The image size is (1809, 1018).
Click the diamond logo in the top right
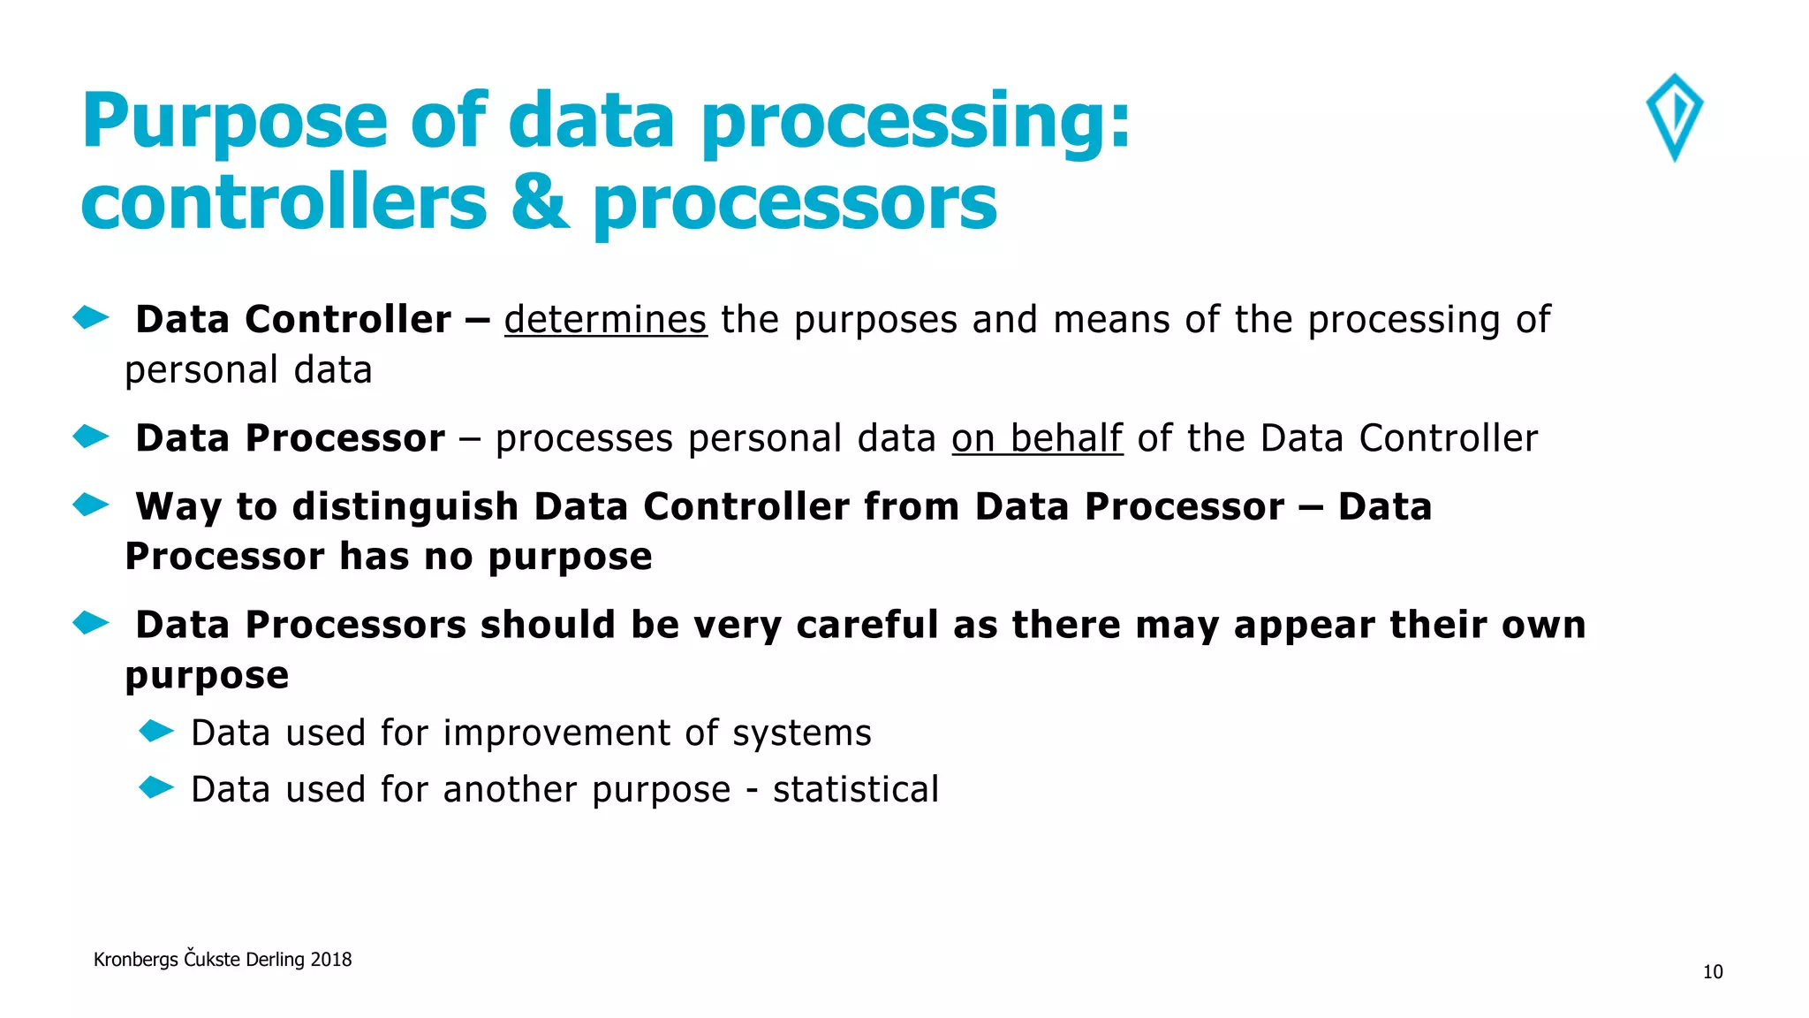pos(1675,117)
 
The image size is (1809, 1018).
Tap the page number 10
pos(1713,972)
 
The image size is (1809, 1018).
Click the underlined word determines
pos(605,320)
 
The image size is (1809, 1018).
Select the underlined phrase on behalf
pos(1037,438)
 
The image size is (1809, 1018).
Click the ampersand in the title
pos(540,202)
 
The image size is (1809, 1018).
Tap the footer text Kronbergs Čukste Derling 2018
pos(223,960)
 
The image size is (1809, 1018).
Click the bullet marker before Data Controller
pos(90,317)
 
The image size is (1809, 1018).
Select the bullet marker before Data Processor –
pos(90,437)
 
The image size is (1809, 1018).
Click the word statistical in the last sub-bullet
pos(855,790)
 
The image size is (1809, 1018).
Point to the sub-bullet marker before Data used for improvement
pos(156,732)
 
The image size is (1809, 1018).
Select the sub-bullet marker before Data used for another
pos(156,787)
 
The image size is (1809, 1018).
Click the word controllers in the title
pos(284,202)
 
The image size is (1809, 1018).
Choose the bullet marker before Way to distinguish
pos(90,505)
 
